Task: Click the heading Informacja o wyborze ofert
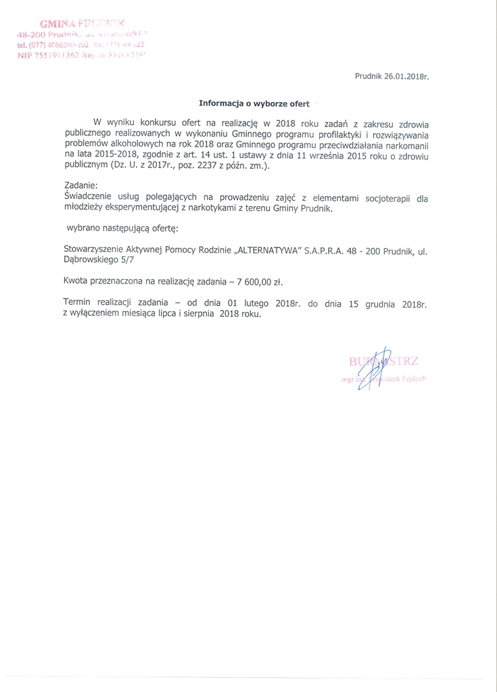(x=254, y=104)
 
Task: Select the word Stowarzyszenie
(x=97, y=250)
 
